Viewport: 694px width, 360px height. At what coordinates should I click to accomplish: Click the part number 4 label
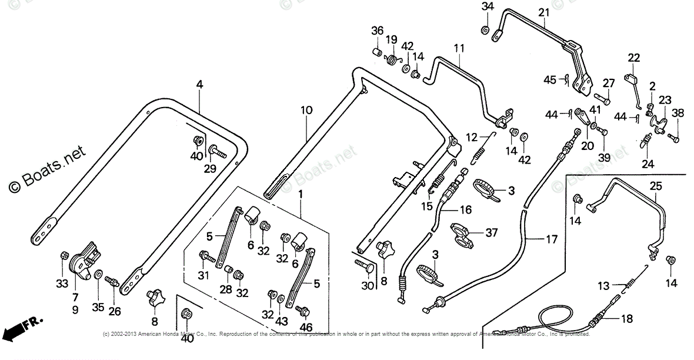coord(199,85)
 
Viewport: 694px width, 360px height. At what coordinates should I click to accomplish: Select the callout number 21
coord(543,12)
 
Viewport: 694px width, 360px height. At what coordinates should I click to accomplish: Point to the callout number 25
coord(655,186)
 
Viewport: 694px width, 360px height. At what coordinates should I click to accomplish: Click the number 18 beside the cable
coord(627,319)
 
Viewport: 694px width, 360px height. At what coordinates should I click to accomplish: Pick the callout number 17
coord(550,240)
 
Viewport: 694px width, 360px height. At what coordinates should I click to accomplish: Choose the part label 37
coord(492,233)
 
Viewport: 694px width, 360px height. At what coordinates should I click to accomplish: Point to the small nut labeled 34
coord(485,29)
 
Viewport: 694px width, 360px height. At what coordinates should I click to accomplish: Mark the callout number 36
coord(377,31)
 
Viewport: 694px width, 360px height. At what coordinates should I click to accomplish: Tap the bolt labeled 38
coord(675,139)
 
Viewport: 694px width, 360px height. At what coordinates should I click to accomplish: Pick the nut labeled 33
coord(65,256)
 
